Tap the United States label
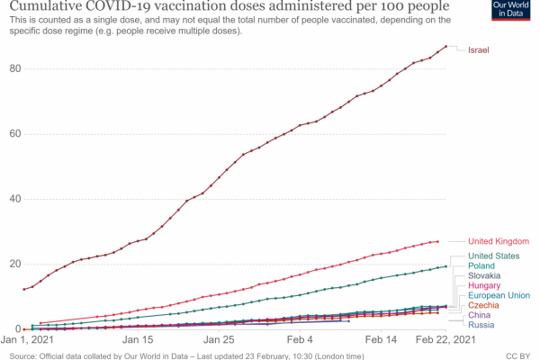[x=491, y=256]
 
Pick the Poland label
[x=481, y=266]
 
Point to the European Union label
[x=498, y=296]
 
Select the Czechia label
[x=482, y=306]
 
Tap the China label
[x=479, y=316]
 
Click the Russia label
[x=480, y=326]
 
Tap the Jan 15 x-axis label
[x=139, y=342]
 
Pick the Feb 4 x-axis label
[x=301, y=342]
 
